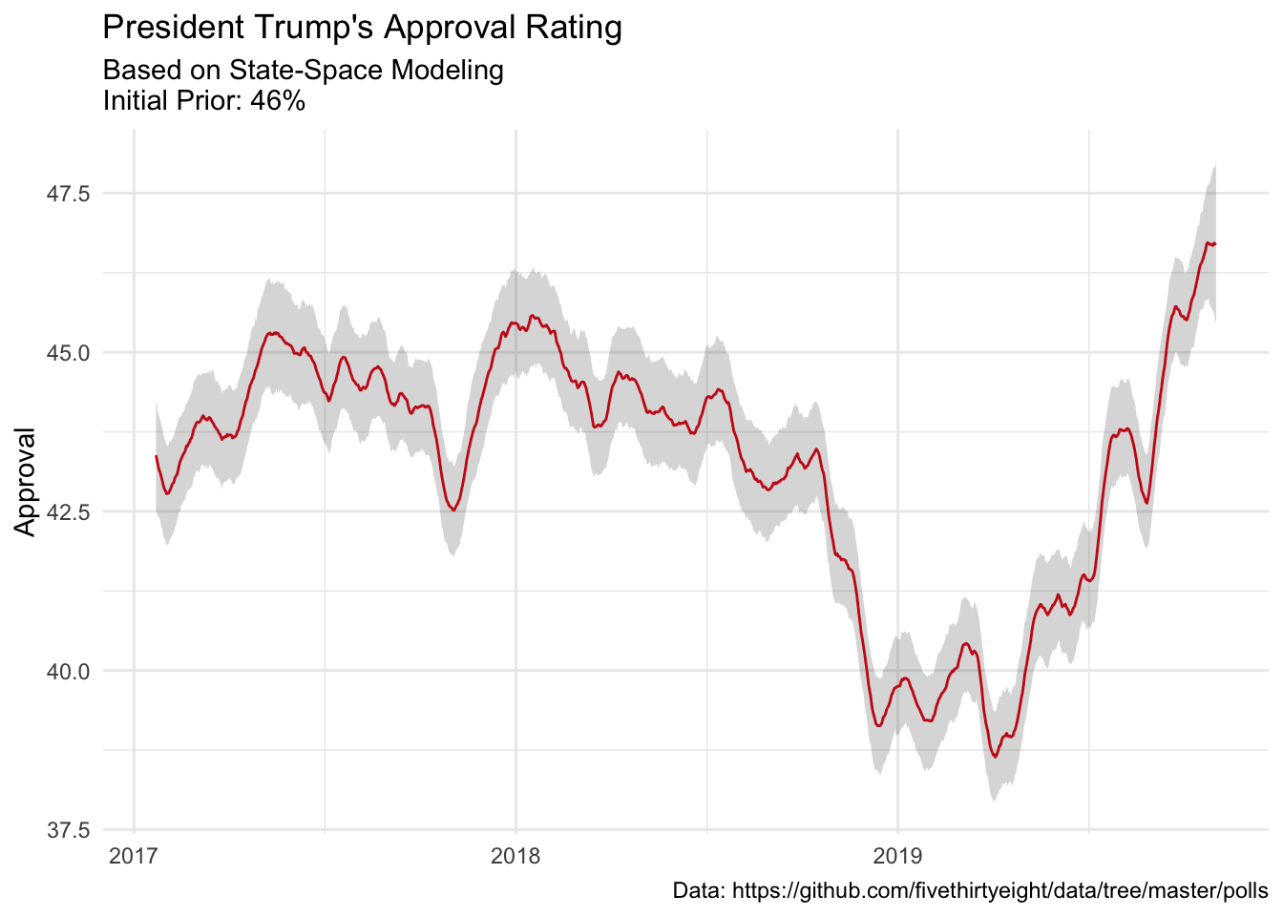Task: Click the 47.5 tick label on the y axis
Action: pyautogui.click(x=68, y=194)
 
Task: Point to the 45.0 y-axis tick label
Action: pyautogui.click(x=68, y=353)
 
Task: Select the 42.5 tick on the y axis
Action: pyautogui.click(x=68, y=511)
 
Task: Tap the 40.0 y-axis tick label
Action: pyautogui.click(x=68, y=671)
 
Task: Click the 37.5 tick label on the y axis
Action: pyautogui.click(x=68, y=830)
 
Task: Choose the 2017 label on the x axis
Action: pyautogui.click(x=134, y=855)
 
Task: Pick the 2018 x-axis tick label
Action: pyautogui.click(x=515, y=855)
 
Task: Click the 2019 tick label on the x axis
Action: pyautogui.click(x=897, y=855)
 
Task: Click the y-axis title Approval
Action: pyautogui.click(x=25, y=482)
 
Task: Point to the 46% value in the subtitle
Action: pyautogui.click(x=278, y=101)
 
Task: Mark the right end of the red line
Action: pyautogui.click(x=1215, y=243)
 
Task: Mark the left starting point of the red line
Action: pyautogui.click(x=157, y=456)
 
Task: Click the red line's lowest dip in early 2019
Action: pyautogui.click(x=995, y=757)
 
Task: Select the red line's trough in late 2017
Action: pyautogui.click(x=453, y=510)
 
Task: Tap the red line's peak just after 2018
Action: pyautogui.click(x=533, y=316)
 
